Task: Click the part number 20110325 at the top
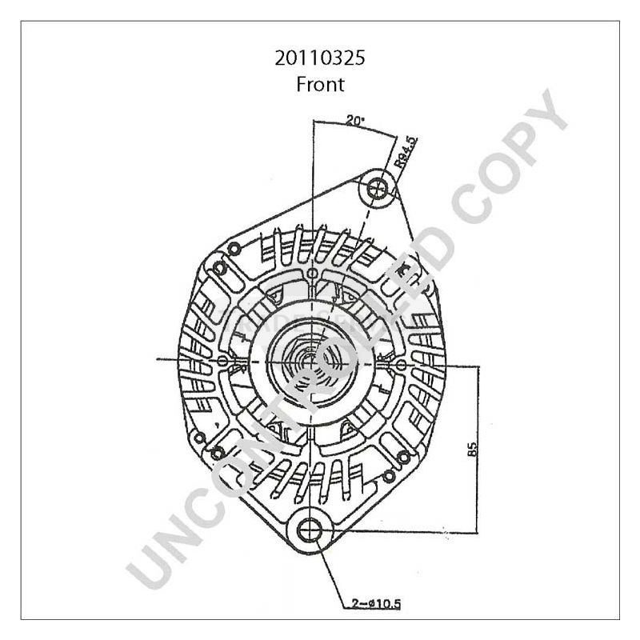319,58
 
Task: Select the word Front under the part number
319,83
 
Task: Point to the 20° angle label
354,121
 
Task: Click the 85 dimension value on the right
472,450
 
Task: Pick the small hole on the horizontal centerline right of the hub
400,345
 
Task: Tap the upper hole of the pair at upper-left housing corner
233,250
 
